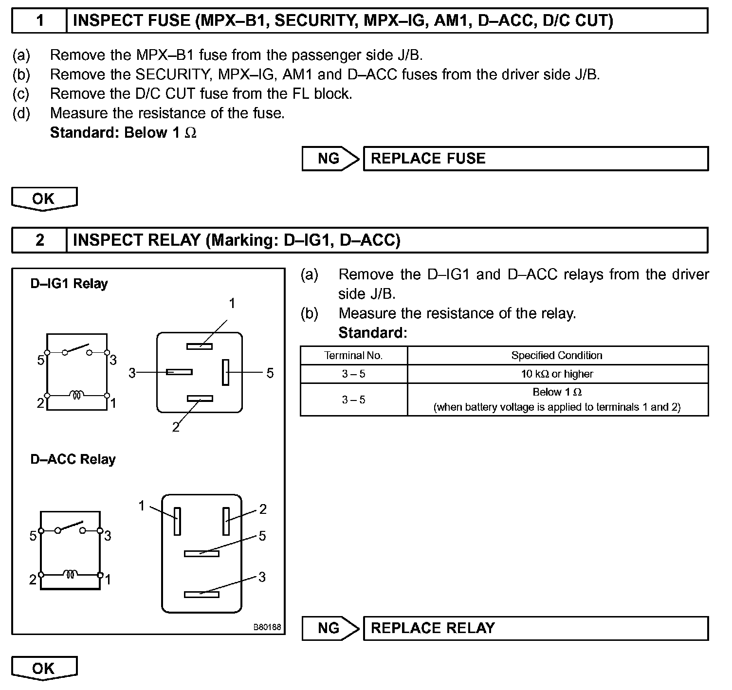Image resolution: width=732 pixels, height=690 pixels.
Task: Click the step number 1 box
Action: click(39, 20)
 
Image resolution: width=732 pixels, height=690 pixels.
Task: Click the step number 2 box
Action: click(39, 240)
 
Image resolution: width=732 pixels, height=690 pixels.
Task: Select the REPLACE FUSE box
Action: click(535, 159)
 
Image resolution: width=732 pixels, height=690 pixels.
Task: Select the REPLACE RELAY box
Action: click(535, 628)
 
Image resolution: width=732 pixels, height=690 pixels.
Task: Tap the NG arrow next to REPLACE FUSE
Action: click(330, 159)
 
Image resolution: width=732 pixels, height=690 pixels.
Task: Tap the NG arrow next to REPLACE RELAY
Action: click(330, 628)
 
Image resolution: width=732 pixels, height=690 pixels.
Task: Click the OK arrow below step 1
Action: click(44, 199)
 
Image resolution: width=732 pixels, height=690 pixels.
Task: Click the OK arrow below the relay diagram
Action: click(44, 668)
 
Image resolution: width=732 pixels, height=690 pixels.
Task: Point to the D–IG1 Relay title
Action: click(69, 284)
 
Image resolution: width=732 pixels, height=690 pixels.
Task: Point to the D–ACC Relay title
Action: click(73, 459)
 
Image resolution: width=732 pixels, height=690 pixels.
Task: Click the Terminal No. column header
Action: click(353, 356)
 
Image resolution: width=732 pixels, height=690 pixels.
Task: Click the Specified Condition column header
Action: click(557, 356)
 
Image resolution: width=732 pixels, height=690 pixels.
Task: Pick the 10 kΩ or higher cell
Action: click(557, 374)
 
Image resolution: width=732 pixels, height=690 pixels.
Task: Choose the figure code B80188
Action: click(267, 627)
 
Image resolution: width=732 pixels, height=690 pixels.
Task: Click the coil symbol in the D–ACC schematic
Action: click(71, 575)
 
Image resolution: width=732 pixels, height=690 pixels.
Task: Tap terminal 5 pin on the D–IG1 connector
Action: click(225, 372)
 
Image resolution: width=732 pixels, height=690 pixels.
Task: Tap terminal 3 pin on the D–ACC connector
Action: click(201, 594)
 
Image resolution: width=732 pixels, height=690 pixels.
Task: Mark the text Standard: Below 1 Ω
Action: click(123, 133)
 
